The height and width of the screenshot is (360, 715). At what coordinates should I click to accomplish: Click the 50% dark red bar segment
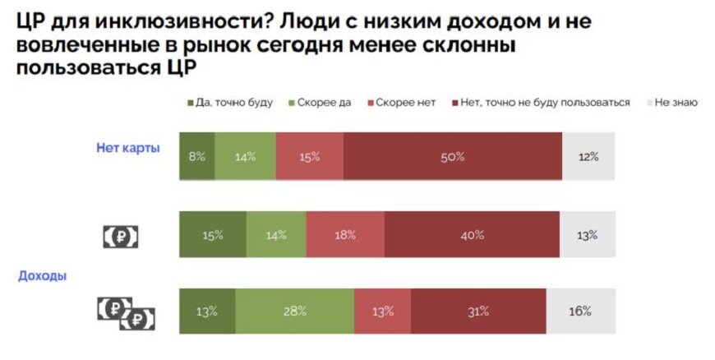[453, 156]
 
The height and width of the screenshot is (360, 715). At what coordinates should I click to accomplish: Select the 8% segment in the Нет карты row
[197, 156]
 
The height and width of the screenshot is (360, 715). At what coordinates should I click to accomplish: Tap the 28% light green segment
[295, 312]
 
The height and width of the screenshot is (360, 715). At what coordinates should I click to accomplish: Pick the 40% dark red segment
[472, 234]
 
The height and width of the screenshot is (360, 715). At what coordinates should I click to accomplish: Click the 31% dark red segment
[478, 312]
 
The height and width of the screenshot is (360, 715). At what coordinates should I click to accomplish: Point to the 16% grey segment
[580, 312]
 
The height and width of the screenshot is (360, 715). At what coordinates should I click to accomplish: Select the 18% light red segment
[344, 234]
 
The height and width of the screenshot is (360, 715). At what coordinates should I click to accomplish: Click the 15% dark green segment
[213, 234]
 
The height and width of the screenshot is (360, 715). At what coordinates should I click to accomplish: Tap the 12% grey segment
[588, 156]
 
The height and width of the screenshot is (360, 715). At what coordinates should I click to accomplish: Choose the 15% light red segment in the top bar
[310, 156]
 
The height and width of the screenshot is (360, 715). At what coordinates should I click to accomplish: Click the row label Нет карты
[128, 149]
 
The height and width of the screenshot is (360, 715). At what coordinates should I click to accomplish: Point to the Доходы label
[43, 277]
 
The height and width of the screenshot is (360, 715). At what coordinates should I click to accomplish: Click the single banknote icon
[121, 237]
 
